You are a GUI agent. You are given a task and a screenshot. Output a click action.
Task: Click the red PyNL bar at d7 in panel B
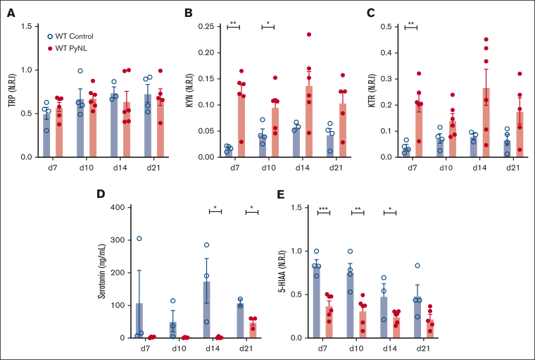click(241, 119)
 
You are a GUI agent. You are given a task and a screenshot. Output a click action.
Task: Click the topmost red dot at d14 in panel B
click(308, 35)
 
